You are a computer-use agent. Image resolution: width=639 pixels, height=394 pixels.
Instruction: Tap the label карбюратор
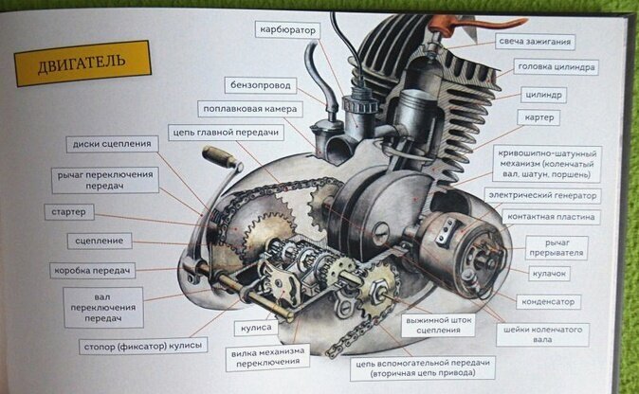coord(289,30)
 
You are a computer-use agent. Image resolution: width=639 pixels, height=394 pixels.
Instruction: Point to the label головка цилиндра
coord(557,67)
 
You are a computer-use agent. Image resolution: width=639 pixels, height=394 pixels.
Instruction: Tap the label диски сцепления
coord(113,144)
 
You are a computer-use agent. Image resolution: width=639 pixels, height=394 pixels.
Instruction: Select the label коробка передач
coord(94,271)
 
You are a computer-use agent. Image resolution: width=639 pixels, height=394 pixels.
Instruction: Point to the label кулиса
coord(254,327)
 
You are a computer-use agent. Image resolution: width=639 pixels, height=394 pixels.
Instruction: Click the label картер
coord(541,117)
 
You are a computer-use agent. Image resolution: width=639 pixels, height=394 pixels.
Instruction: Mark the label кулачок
coord(548,274)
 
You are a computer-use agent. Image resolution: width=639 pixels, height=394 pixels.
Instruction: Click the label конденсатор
coord(545,302)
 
